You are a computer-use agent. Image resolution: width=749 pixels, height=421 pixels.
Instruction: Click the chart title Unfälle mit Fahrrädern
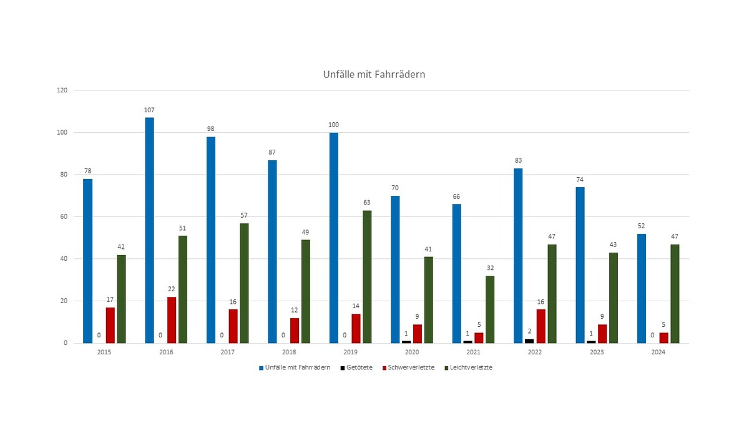pyautogui.click(x=374, y=75)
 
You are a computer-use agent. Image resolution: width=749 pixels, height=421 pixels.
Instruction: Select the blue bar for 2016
pyautogui.click(x=149, y=230)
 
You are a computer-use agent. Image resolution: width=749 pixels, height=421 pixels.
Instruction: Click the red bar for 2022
pyautogui.click(x=541, y=326)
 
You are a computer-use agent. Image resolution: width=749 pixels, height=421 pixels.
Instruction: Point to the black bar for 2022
pyautogui.click(x=529, y=341)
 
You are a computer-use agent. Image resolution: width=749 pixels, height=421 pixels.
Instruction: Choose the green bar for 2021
pyautogui.click(x=490, y=309)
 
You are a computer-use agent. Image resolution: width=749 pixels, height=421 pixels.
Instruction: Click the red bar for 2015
pyautogui.click(x=110, y=325)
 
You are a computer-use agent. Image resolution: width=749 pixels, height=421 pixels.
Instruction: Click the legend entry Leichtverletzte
pyautogui.click(x=469, y=367)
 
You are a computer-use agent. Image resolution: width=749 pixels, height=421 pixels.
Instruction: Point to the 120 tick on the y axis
pyautogui.click(x=62, y=90)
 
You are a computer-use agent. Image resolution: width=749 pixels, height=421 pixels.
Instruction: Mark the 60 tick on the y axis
pyautogui.click(x=64, y=217)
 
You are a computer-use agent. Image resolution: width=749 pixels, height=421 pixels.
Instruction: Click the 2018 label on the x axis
pyautogui.click(x=289, y=352)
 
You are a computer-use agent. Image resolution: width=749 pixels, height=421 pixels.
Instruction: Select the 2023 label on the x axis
pyautogui.click(x=596, y=352)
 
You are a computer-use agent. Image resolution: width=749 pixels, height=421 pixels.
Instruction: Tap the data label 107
pyautogui.click(x=149, y=110)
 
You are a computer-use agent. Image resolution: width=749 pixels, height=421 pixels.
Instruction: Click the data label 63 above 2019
pyautogui.click(x=367, y=203)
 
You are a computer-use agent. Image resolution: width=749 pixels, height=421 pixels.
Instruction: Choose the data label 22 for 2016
pyautogui.click(x=172, y=289)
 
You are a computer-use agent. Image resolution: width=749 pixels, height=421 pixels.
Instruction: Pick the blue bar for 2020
pyautogui.click(x=395, y=269)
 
